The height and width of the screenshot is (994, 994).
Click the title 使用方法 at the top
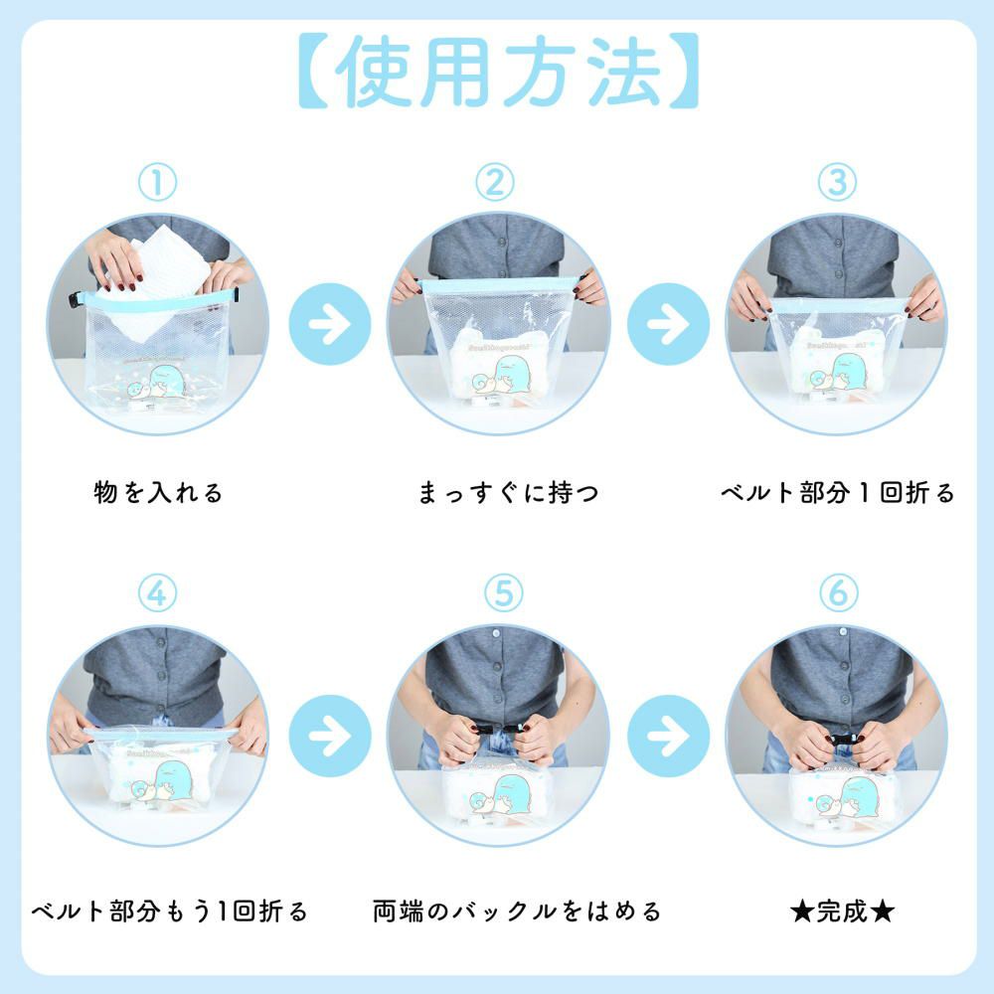click(x=497, y=72)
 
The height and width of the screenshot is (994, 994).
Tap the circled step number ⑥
click(x=837, y=593)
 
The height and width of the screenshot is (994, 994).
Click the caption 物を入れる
click(x=158, y=492)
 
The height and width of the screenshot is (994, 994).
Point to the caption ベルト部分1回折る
click(x=837, y=492)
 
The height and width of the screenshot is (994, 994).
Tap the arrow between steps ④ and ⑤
click(x=329, y=737)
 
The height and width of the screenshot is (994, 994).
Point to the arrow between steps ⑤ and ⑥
click(x=669, y=737)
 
